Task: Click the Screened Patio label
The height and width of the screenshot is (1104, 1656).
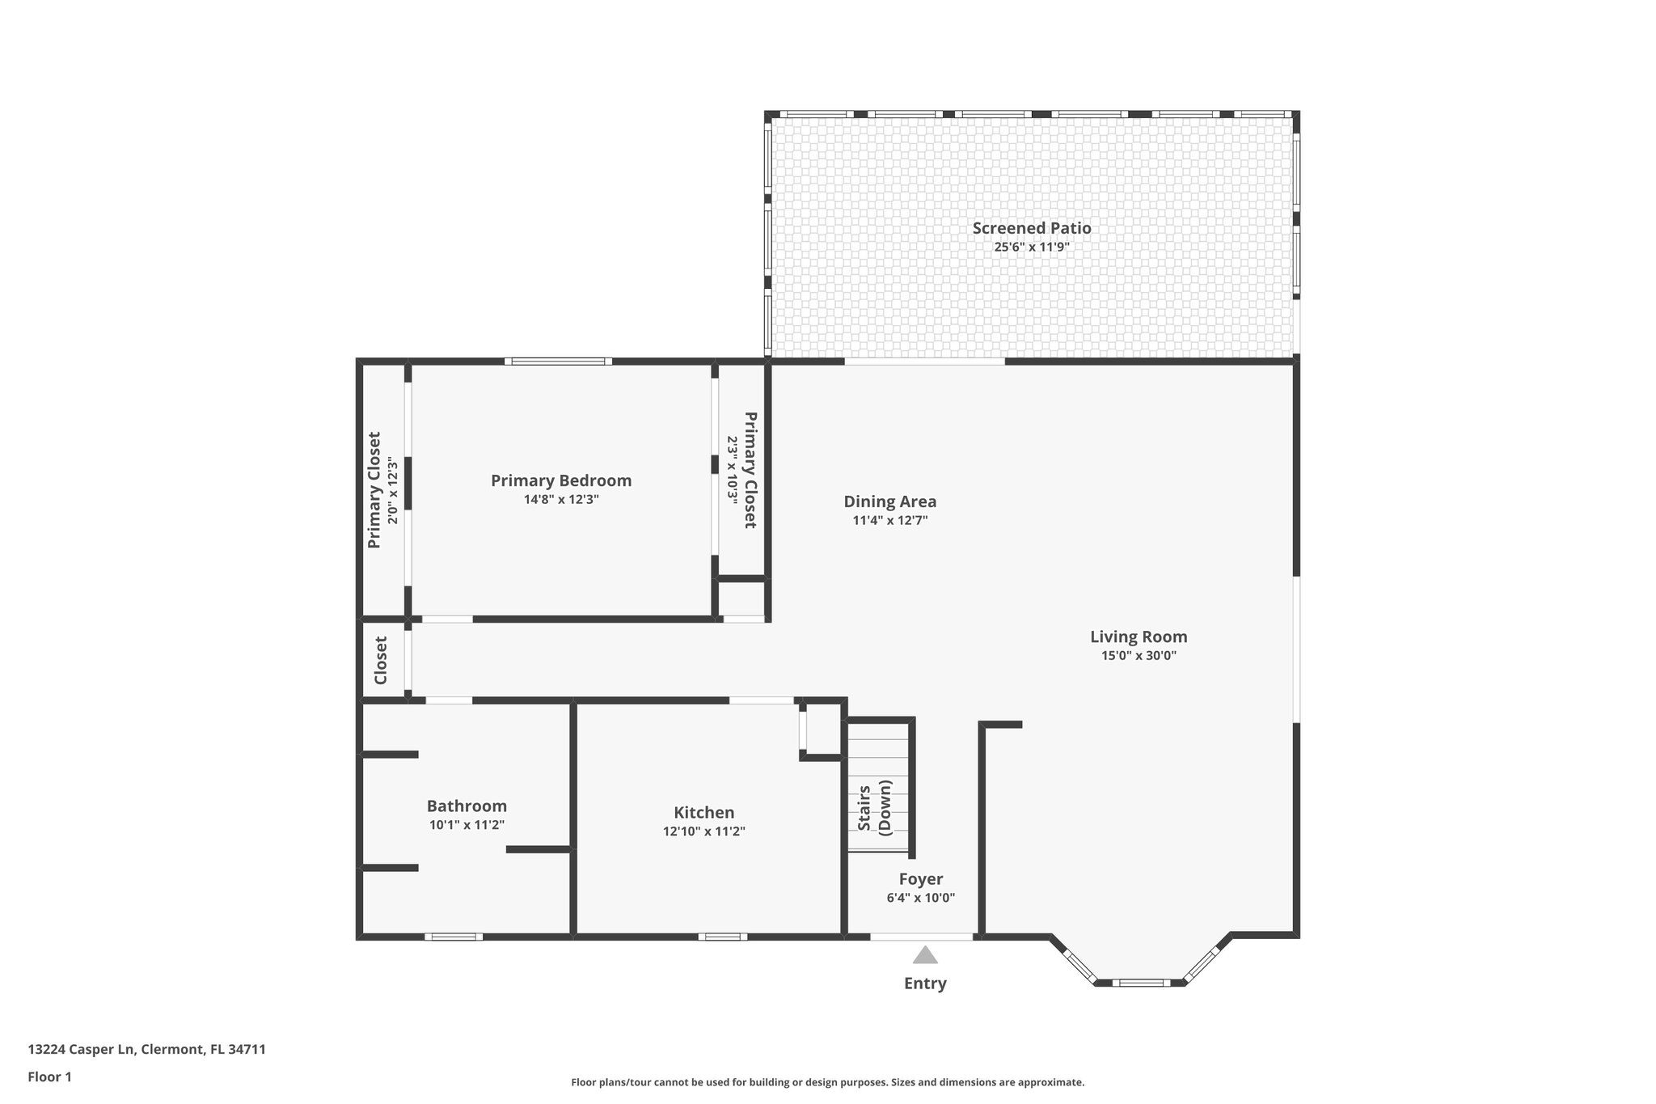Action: pyautogui.click(x=1031, y=228)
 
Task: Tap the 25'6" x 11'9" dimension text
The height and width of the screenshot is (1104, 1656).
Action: pyautogui.click(x=1031, y=247)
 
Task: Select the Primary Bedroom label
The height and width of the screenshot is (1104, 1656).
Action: pyautogui.click(x=561, y=480)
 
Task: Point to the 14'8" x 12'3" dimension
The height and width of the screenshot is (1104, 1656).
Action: pyautogui.click(x=561, y=500)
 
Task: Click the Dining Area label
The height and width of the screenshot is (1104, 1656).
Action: pyautogui.click(x=889, y=501)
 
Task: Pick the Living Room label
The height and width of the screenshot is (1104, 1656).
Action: pyautogui.click(x=1138, y=637)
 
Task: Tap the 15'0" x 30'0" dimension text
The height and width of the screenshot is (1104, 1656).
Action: pyautogui.click(x=1138, y=656)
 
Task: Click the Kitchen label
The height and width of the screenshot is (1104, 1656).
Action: pyautogui.click(x=703, y=812)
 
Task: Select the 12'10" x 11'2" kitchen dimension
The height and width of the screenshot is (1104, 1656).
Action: pyautogui.click(x=703, y=831)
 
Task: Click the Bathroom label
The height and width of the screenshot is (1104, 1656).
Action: pyautogui.click(x=467, y=806)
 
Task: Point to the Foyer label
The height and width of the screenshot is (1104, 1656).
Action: pyautogui.click(x=920, y=879)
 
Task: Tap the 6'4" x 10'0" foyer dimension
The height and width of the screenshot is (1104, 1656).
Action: pyautogui.click(x=920, y=898)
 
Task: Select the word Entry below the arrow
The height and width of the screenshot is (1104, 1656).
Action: pyautogui.click(x=925, y=983)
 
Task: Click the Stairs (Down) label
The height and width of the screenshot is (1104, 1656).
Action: pyautogui.click(x=874, y=806)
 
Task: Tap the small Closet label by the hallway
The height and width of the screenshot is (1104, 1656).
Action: pyautogui.click(x=381, y=660)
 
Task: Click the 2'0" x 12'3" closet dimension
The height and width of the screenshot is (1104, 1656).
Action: pyautogui.click(x=393, y=490)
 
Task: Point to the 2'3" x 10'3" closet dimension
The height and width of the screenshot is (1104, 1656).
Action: pyautogui.click(x=732, y=471)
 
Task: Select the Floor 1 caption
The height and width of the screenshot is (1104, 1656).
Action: pyautogui.click(x=49, y=1077)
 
